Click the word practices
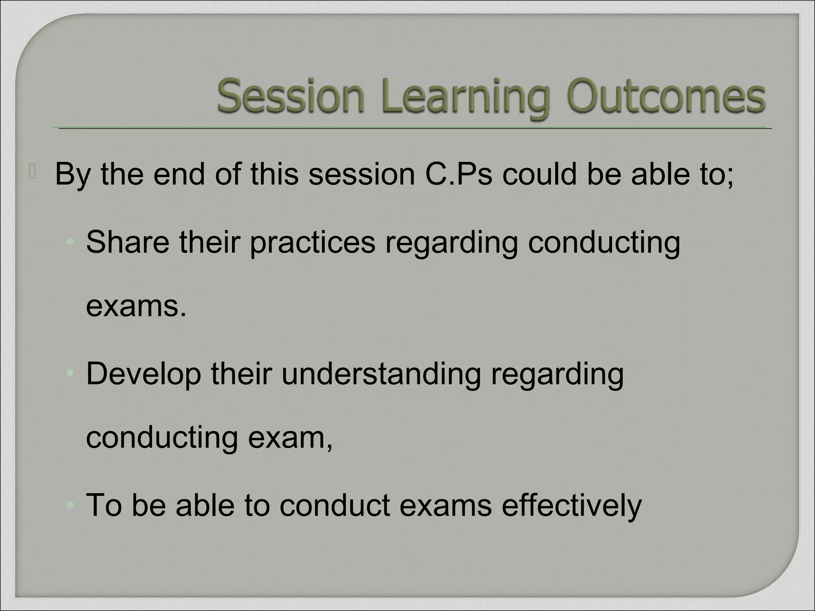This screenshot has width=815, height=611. [x=312, y=242]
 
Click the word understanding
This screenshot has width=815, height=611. [x=381, y=374]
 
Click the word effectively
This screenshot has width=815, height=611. [x=571, y=505]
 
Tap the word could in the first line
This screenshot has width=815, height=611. [x=539, y=174]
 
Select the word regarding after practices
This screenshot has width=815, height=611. [x=451, y=242]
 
